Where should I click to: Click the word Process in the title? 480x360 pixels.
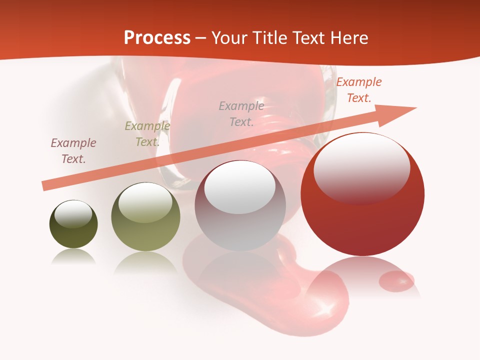(157, 38)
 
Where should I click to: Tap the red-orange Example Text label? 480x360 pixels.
(358, 90)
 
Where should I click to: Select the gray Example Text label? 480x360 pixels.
(241, 113)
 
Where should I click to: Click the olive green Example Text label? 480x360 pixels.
(147, 134)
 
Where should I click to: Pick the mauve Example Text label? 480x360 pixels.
(73, 150)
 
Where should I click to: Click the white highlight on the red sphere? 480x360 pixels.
(362, 168)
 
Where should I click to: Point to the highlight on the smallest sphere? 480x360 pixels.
(73, 214)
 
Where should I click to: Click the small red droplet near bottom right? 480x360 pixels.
(396, 281)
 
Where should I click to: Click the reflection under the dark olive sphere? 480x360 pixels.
(73, 257)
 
